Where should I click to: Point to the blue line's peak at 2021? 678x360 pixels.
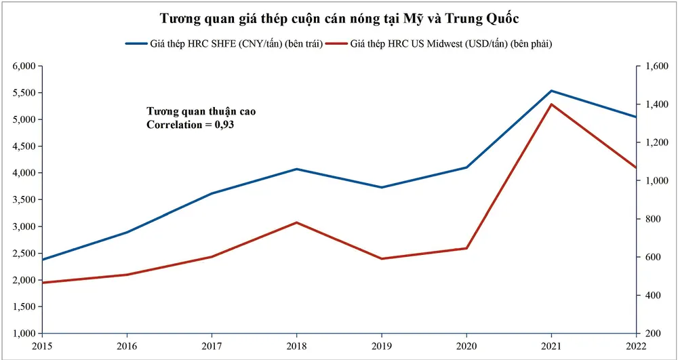(551, 91)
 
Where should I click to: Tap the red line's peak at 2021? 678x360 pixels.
(551, 104)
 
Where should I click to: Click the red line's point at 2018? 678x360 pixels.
(296, 222)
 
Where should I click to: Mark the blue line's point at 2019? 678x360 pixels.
(381, 187)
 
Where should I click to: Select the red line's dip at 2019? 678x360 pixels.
(381, 258)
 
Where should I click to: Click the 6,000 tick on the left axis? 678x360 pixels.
(23, 66)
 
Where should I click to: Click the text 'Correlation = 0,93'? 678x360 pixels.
(191, 125)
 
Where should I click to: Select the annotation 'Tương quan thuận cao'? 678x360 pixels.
(202, 111)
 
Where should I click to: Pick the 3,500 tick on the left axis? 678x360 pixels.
(23, 200)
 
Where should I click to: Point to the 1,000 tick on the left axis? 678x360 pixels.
(23, 334)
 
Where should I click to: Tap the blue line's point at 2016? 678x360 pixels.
(127, 233)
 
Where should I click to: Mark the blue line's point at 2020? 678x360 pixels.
(466, 167)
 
